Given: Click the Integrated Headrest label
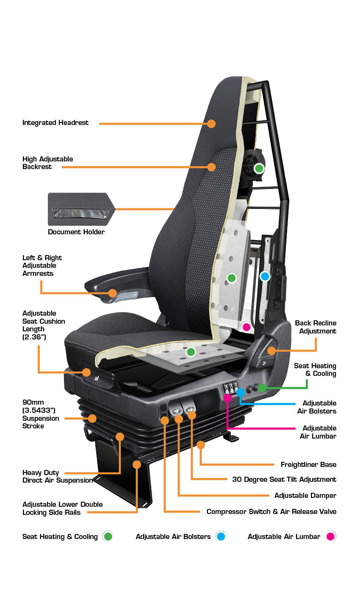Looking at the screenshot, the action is [55, 123].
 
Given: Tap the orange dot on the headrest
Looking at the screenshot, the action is [211, 123].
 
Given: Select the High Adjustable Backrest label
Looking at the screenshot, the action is [47, 163].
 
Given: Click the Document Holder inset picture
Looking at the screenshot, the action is [81, 209].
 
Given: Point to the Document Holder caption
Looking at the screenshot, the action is [76, 232].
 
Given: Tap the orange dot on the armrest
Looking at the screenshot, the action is [113, 293].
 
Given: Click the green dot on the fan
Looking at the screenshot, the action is [259, 168].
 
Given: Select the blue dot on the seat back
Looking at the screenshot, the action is [265, 276].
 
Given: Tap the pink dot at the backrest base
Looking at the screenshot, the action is [246, 327].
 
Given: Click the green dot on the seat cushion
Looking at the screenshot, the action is [191, 352].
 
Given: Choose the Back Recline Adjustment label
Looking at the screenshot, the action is [316, 327].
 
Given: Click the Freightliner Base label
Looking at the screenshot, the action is [308, 464].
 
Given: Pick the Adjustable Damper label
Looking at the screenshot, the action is [305, 495].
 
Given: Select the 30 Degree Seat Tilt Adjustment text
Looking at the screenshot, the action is [284, 479].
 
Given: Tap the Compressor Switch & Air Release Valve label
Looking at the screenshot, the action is [271, 511].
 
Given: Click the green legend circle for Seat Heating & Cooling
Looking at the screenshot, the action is [108, 536].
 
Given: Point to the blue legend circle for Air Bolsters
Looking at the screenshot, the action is [221, 536].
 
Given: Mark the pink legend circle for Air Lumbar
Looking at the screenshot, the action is [330, 536].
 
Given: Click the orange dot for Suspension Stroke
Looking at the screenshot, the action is [92, 418].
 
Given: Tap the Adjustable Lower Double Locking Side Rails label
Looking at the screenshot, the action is [62, 508].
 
